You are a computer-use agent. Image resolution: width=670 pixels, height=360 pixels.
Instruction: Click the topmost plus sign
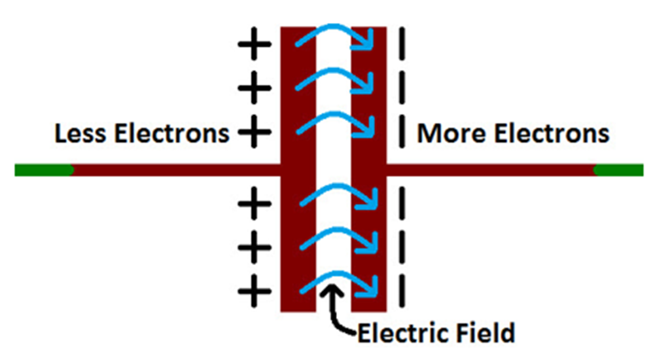coord(253,46)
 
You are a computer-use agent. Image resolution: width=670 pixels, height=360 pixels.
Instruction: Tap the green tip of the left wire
coord(43,170)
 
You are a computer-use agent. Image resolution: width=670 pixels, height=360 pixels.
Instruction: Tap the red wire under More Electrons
coord(491,170)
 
